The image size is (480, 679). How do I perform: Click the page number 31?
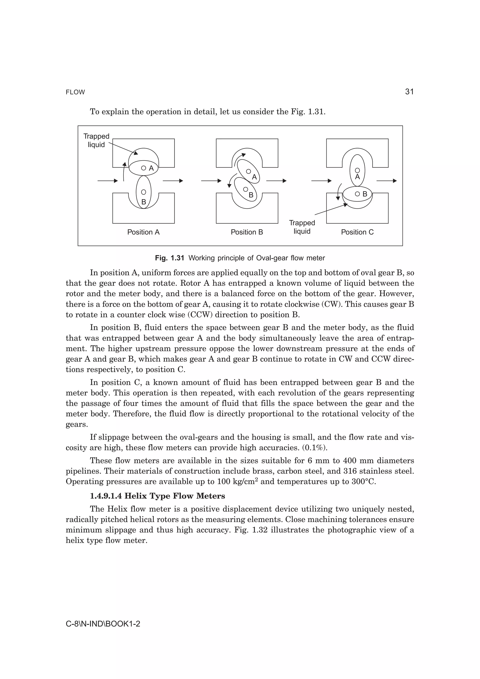click(x=409, y=92)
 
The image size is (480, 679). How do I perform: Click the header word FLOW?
click(x=75, y=92)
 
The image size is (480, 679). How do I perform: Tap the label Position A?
click(x=143, y=232)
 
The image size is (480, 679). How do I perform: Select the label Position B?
click(x=247, y=232)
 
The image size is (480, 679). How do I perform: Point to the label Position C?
click(x=357, y=232)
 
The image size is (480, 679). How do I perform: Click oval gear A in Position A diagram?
click(x=144, y=168)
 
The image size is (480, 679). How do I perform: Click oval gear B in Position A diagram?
click(x=143, y=192)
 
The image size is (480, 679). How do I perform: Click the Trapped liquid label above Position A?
click(x=96, y=140)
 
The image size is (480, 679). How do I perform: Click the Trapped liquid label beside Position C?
click(x=302, y=227)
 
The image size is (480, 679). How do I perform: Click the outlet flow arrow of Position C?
click(x=386, y=181)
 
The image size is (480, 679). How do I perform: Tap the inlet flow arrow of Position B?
click(x=211, y=181)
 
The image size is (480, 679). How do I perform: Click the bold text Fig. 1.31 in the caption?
click(x=169, y=258)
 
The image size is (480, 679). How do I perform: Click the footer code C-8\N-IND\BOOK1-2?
click(x=103, y=624)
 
